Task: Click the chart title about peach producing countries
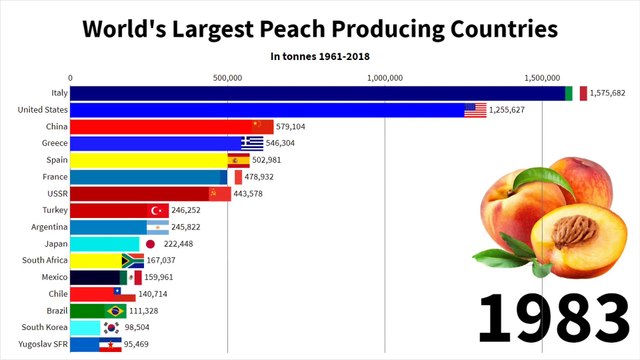(319, 27)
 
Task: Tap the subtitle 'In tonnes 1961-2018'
(319, 57)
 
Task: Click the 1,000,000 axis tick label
(385, 77)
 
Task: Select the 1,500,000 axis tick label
(542, 77)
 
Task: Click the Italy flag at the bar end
(575, 93)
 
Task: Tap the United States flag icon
(475, 110)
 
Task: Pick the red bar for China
(160, 127)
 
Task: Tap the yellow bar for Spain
(150, 160)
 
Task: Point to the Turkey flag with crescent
(157, 211)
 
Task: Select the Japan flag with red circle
(151, 244)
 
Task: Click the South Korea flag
(111, 328)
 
